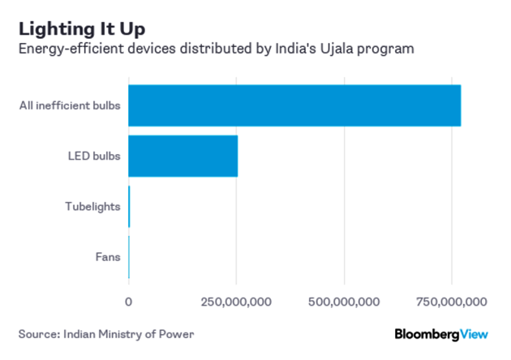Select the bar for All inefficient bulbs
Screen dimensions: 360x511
click(x=294, y=105)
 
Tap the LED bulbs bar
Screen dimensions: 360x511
click(x=182, y=156)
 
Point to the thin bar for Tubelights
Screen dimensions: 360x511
click(x=129, y=206)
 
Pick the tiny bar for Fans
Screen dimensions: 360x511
click(x=129, y=257)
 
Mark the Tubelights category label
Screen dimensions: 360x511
click(x=92, y=206)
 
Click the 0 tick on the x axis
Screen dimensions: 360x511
click(x=128, y=302)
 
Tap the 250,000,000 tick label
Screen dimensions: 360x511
click(x=236, y=302)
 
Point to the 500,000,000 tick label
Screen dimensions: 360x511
click(x=345, y=302)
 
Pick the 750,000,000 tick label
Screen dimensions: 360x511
click(x=452, y=302)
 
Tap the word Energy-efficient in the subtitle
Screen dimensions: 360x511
click(x=71, y=50)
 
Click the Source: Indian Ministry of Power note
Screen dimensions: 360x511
click(x=107, y=333)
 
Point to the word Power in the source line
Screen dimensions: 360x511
click(x=178, y=333)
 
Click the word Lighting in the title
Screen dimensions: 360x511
click(x=55, y=28)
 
